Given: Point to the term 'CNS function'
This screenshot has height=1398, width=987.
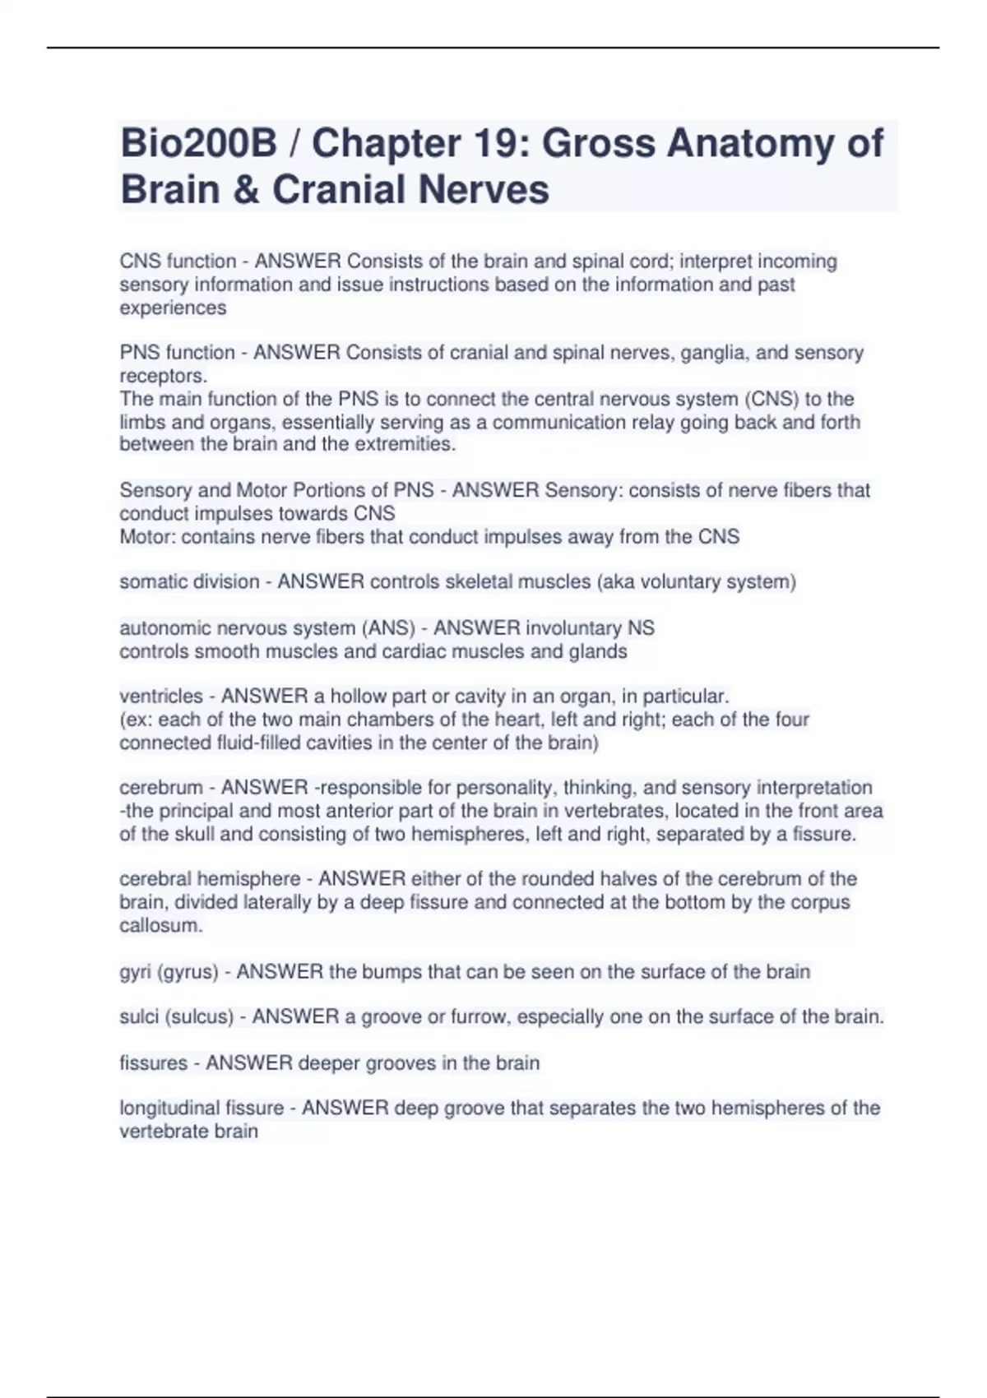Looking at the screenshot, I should [x=178, y=262].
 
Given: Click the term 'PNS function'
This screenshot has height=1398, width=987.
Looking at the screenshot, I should [x=177, y=353].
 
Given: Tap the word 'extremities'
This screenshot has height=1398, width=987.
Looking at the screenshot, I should [x=404, y=445].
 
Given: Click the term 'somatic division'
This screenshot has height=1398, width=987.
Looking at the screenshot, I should [x=189, y=582].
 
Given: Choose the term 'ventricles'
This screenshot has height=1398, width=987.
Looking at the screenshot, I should [x=161, y=697].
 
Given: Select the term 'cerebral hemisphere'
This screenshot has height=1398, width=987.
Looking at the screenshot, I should [x=210, y=879].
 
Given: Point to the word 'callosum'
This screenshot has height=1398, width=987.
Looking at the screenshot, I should [x=160, y=925].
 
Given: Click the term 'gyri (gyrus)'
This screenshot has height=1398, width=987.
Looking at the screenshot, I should [x=169, y=972].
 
